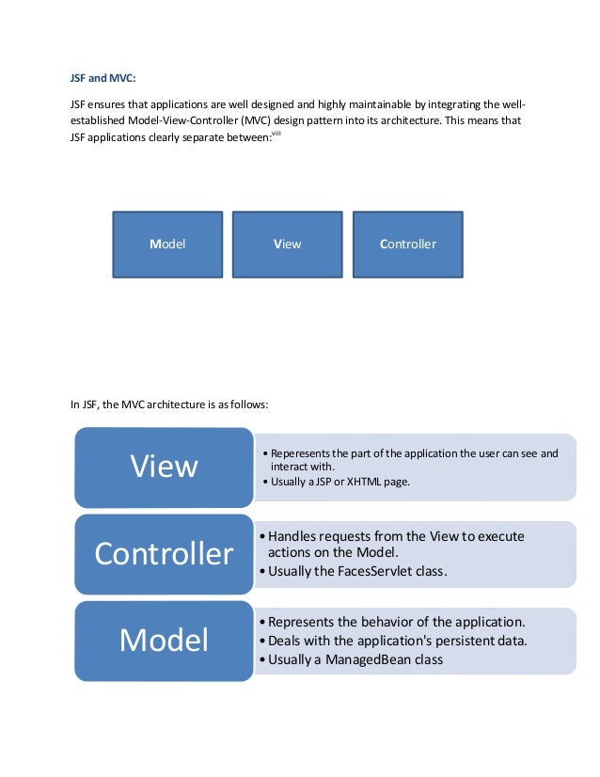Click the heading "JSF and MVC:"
[x=103, y=77]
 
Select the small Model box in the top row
[x=167, y=244]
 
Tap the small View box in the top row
[x=287, y=244]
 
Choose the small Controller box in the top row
[x=407, y=244]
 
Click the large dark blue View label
[x=164, y=467]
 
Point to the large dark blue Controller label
[x=164, y=554]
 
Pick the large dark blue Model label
[x=164, y=641]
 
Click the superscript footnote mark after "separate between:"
[x=276, y=135]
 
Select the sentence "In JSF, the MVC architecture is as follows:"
[x=170, y=405]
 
